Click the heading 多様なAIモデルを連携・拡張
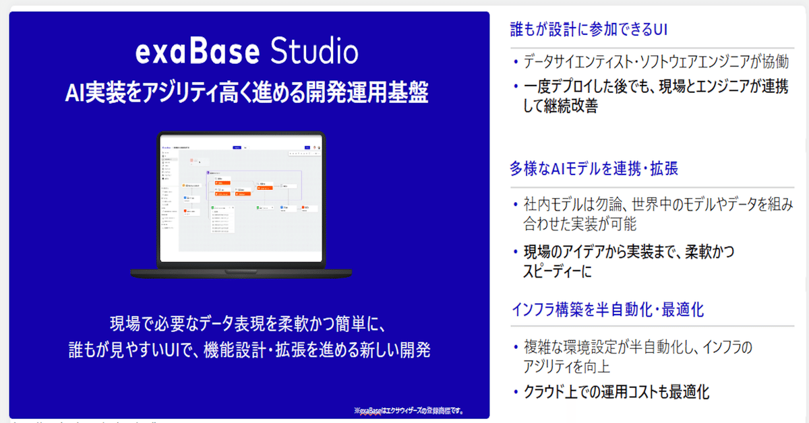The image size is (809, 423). coord(594,168)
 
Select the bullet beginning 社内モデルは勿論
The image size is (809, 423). coord(658,205)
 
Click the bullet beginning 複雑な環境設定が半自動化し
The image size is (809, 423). coord(637,348)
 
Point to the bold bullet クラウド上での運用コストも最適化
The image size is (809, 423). coord(616,392)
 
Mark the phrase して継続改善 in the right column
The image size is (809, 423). coord(560,106)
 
